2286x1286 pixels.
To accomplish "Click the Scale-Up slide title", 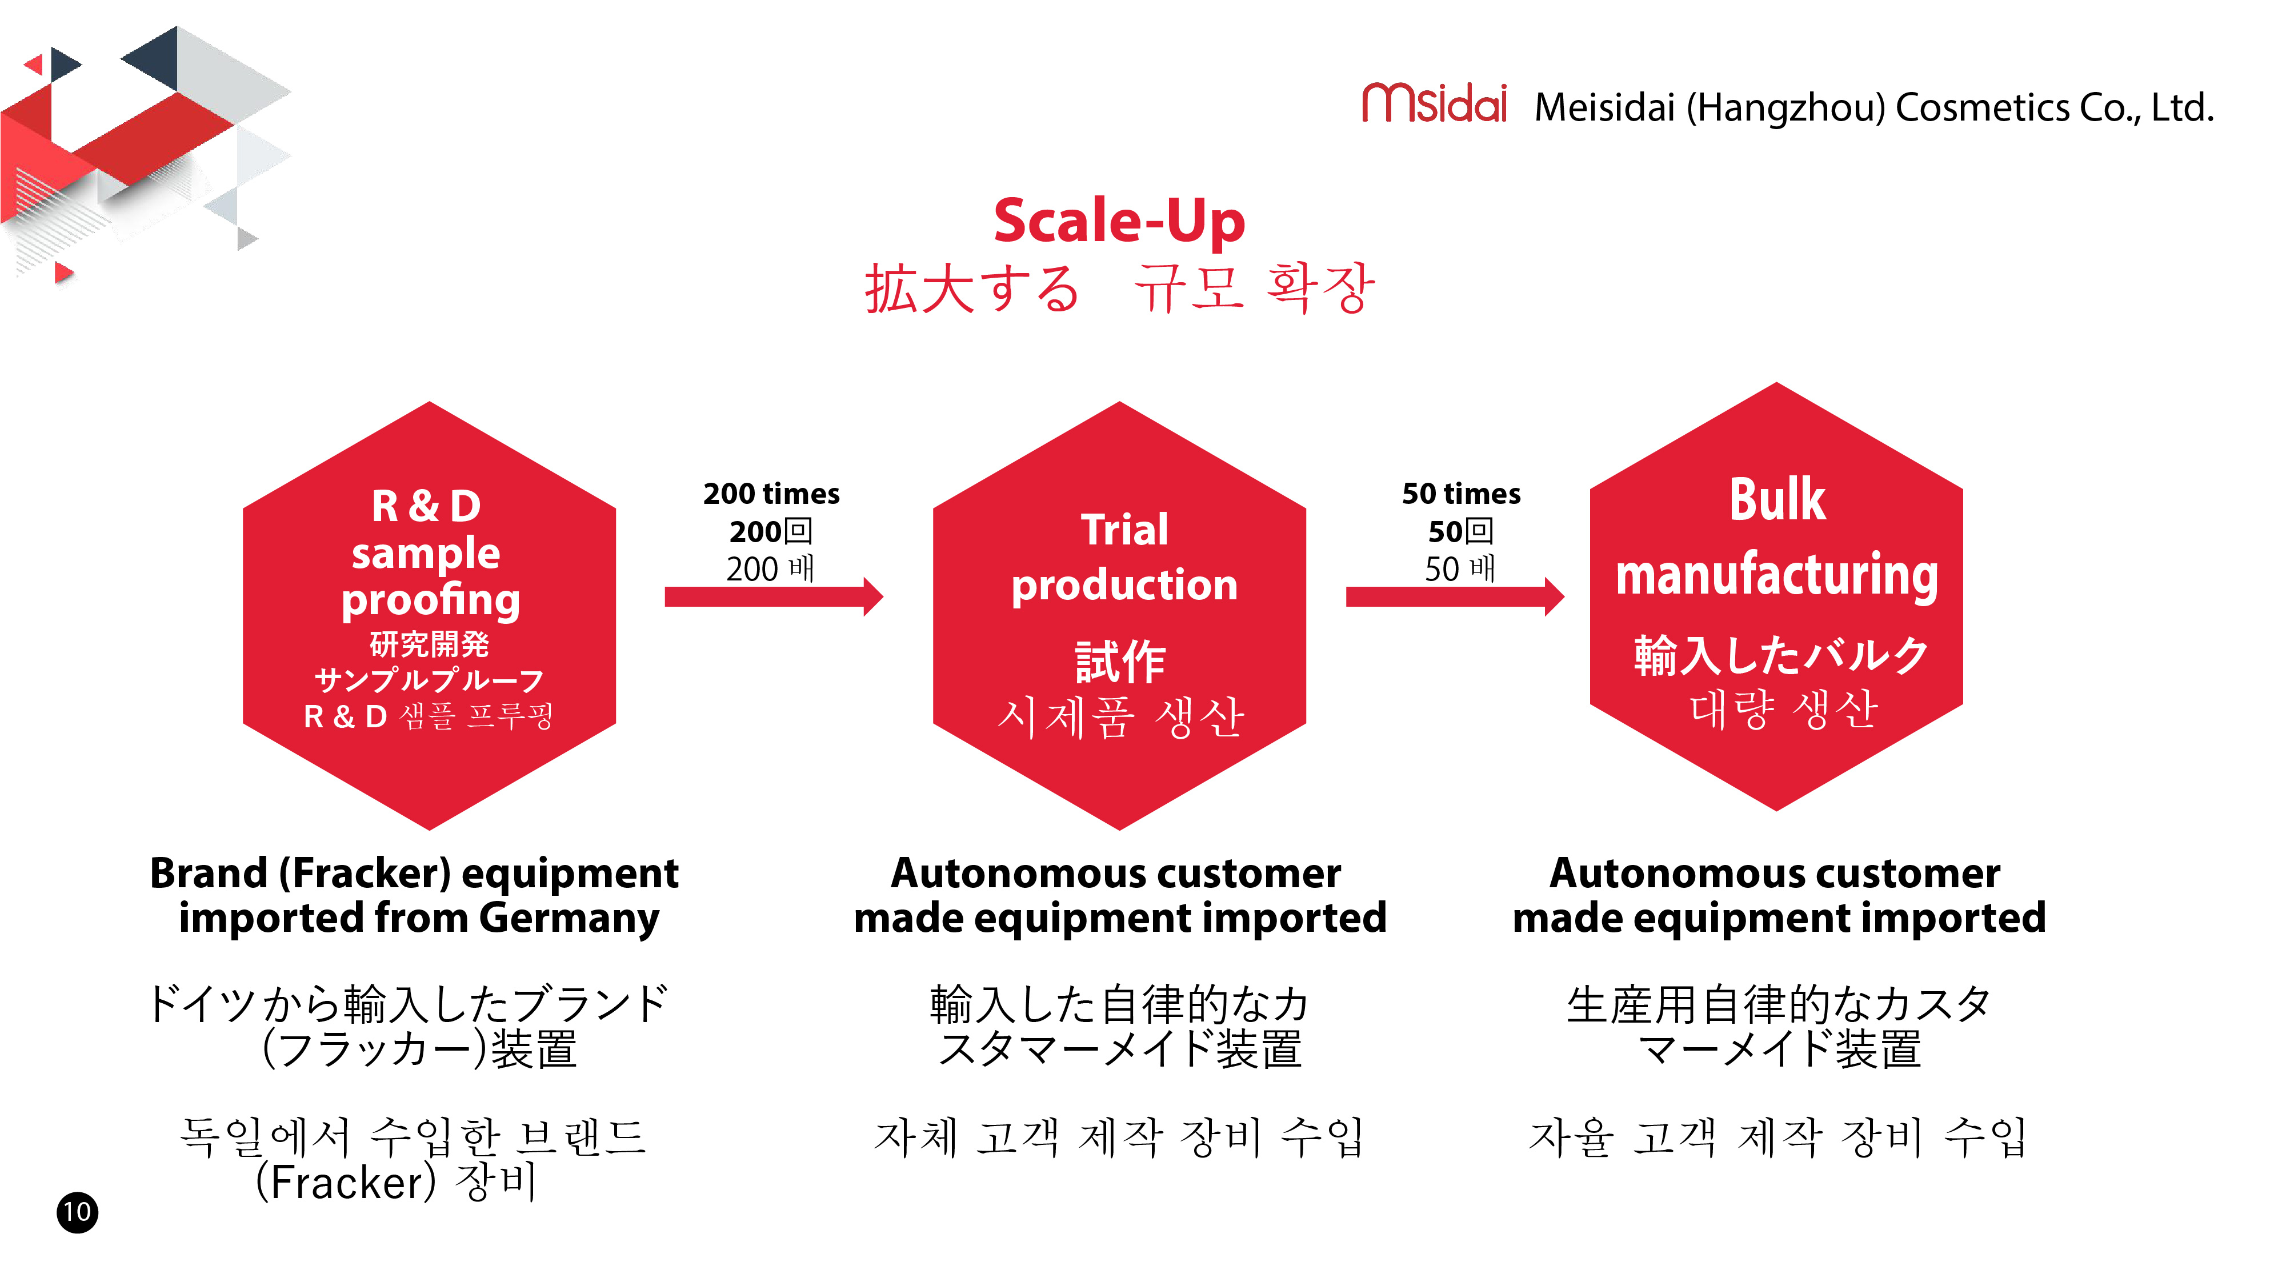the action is click(x=1119, y=221).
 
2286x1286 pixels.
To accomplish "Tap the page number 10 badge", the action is click(x=77, y=1212).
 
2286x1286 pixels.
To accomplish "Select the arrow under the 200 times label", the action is click(x=774, y=596).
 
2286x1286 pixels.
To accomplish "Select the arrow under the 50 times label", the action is click(x=1455, y=596).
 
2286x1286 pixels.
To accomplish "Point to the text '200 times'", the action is click(x=771, y=494).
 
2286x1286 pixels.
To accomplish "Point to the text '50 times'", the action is click(x=1461, y=494).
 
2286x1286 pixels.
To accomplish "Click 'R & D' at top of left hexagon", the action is click(x=426, y=506).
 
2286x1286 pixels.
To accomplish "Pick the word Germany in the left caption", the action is click(x=569, y=919).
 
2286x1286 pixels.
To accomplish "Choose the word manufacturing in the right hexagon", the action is click(x=1776, y=575).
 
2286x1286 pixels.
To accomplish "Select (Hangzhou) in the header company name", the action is click(x=1784, y=109).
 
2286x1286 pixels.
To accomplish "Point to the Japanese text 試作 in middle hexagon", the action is click(x=1120, y=662).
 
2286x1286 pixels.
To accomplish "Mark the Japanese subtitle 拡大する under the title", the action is click(x=972, y=289).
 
